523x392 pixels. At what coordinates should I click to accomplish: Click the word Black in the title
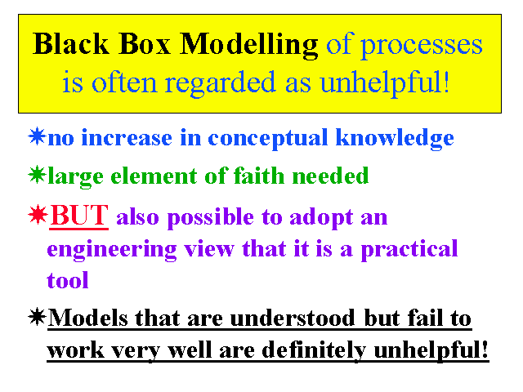(x=71, y=43)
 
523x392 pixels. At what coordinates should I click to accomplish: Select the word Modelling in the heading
(x=248, y=46)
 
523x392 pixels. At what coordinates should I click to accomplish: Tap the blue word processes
(x=422, y=47)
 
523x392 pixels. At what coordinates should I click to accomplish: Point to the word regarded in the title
(x=220, y=84)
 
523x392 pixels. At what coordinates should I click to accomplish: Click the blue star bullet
(x=37, y=136)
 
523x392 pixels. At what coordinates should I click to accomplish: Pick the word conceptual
(x=268, y=139)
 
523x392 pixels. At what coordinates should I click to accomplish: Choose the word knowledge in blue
(x=395, y=138)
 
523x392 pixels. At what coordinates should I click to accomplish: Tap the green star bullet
(x=37, y=174)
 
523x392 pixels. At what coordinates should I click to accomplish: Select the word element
(x=154, y=176)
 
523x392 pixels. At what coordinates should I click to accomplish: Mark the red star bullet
(x=38, y=214)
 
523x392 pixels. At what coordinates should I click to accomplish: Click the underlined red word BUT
(x=78, y=216)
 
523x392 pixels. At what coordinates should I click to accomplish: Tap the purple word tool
(x=68, y=281)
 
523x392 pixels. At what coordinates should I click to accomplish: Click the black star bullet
(x=37, y=316)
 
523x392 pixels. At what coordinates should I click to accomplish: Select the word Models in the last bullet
(x=87, y=318)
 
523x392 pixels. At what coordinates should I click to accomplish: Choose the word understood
(x=293, y=318)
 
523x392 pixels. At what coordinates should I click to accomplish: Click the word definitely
(x=314, y=350)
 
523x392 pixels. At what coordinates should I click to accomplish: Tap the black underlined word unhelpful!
(x=431, y=350)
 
